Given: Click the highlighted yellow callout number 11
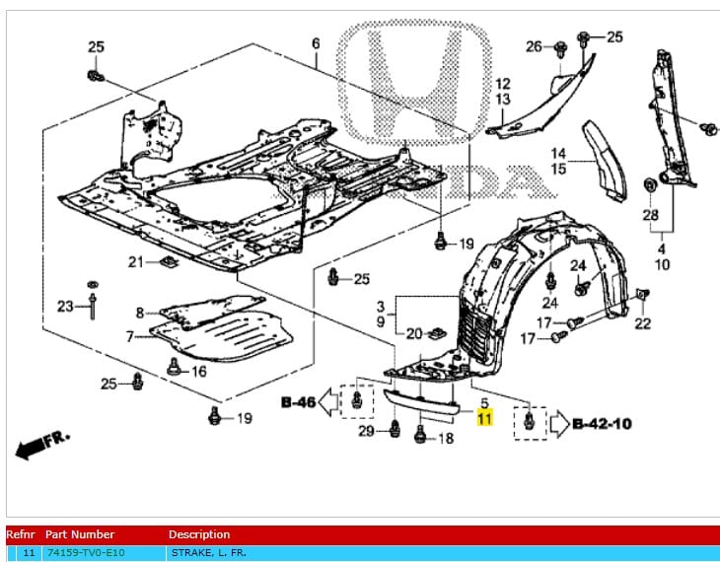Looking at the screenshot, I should click(484, 418).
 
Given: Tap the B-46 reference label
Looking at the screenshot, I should click(298, 401).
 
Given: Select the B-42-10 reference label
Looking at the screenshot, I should click(602, 424).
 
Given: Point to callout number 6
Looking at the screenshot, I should click(316, 43).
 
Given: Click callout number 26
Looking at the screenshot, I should click(534, 45).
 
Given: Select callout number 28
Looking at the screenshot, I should click(651, 215).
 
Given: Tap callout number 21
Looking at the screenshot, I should click(135, 261).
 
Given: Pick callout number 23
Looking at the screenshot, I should click(65, 306).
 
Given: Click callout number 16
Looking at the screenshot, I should click(199, 371).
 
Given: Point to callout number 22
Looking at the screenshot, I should click(643, 323).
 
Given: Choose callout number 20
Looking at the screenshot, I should click(414, 333).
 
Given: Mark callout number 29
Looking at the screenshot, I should click(366, 432).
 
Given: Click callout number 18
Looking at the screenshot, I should click(445, 438).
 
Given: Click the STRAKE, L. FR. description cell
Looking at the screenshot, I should click(206, 553).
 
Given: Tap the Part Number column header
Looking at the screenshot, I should click(79, 534).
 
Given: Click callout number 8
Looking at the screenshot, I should click(140, 313).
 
